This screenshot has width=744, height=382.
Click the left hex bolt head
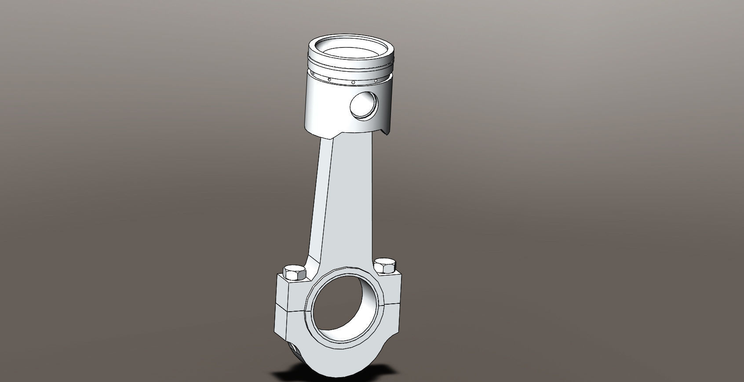tap(295, 273)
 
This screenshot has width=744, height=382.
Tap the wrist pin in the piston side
tap(363, 106)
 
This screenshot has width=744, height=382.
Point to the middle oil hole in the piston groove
tap(353, 82)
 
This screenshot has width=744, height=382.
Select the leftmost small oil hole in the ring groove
tap(329, 80)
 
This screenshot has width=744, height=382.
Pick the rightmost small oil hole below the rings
tap(376, 81)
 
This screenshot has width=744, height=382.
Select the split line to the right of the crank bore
tap(393, 303)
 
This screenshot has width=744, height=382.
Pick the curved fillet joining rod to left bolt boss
tap(313, 264)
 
